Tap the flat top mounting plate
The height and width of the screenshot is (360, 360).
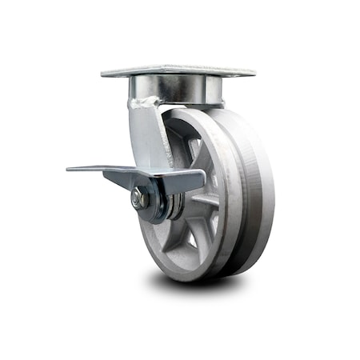(178, 70)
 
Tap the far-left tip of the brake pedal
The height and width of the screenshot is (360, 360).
(69, 169)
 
